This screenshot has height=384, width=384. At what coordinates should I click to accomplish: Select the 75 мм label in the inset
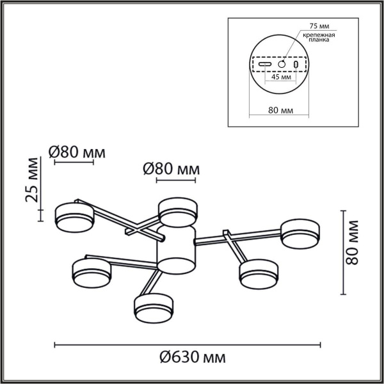(314, 26)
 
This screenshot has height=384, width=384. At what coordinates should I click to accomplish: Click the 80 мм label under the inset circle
(280, 110)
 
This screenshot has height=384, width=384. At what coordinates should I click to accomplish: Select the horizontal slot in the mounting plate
(266, 65)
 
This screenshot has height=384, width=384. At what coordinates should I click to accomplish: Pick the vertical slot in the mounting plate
(296, 65)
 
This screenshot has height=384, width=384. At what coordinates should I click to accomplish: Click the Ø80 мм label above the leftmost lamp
(77, 152)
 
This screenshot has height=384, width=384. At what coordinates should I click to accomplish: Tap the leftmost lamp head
(74, 216)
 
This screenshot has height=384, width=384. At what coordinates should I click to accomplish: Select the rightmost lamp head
(299, 232)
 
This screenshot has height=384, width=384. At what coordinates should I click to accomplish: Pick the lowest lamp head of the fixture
(154, 308)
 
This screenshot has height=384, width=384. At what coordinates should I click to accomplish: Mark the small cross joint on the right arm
(227, 237)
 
